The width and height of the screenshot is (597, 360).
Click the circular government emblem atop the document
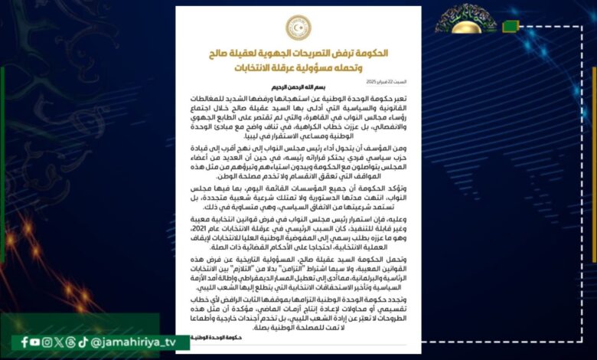click(298, 27)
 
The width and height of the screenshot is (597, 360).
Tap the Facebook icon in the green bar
click(25, 342)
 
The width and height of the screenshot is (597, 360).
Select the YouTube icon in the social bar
click(36, 342)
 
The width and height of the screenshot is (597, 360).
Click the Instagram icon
click(47, 342)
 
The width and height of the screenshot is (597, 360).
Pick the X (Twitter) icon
click(59, 342)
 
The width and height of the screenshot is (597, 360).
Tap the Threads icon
click(71, 342)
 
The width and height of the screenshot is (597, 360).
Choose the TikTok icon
click(83, 342)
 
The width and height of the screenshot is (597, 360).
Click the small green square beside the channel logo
click(511, 27)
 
